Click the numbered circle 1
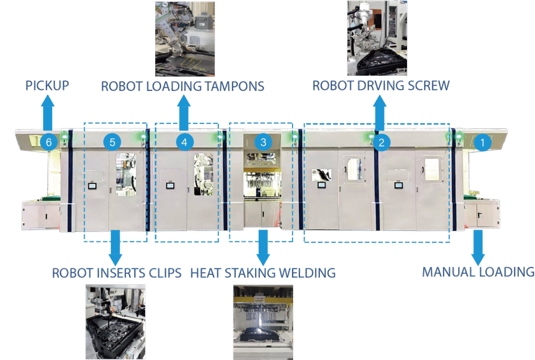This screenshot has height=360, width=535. point(483,141)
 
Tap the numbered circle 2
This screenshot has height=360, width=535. point(382,142)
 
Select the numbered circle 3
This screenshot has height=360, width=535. point(263,141)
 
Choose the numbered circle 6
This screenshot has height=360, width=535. point(49,142)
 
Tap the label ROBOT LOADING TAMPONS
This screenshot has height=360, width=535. point(182,86)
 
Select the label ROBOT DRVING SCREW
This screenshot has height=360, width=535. point(381,85)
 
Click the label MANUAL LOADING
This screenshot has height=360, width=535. point(478,272)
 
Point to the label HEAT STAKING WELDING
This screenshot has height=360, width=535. point(262,273)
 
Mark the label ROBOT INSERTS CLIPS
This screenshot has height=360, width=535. point(117,273)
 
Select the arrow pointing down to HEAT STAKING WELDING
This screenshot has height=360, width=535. point(263,248)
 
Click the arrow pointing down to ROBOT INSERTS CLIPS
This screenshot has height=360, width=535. point(116,248)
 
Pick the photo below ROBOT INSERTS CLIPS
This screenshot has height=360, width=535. point(115,322)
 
